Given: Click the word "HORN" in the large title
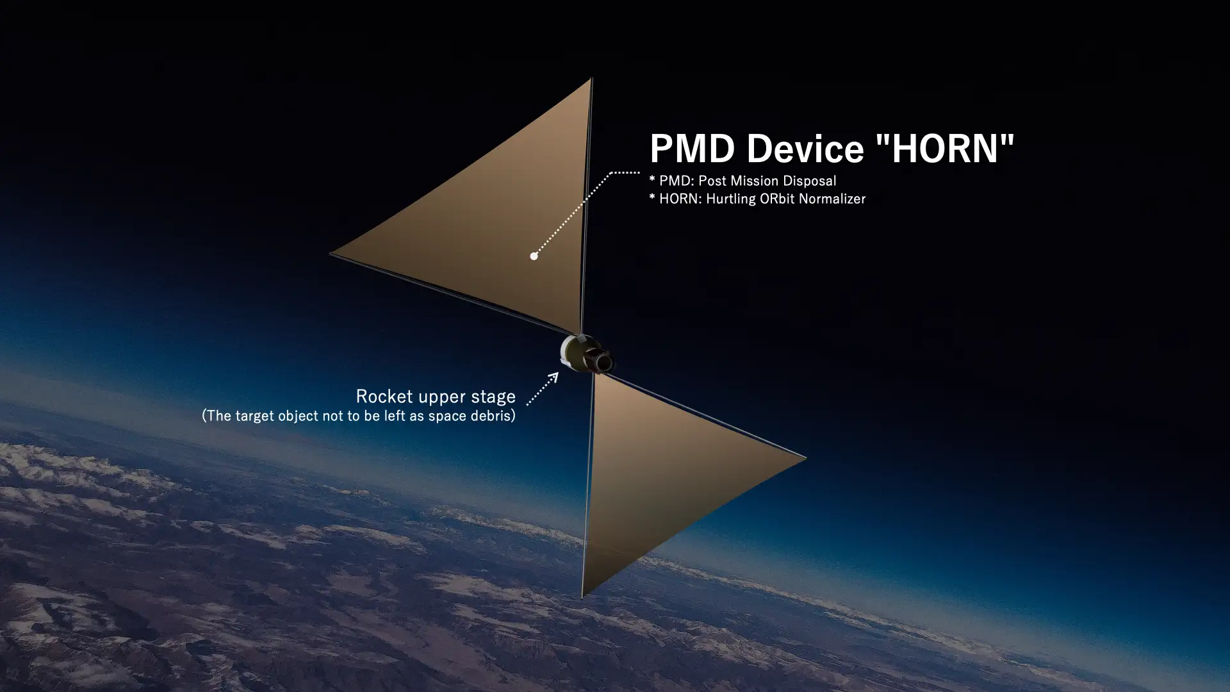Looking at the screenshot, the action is [x=945, y=149].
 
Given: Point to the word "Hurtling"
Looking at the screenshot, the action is [x=731, y=199].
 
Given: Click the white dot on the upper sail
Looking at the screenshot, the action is [x=534, y=256].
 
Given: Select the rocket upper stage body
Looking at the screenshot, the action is [x=586, y=354].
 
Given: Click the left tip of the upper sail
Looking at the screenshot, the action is [x=331, y=254].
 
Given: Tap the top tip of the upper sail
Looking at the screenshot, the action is [x=591, y=79].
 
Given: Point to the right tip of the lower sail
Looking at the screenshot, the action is [x=805, y=457].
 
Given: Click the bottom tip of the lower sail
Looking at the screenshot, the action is [x=582, y=597].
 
